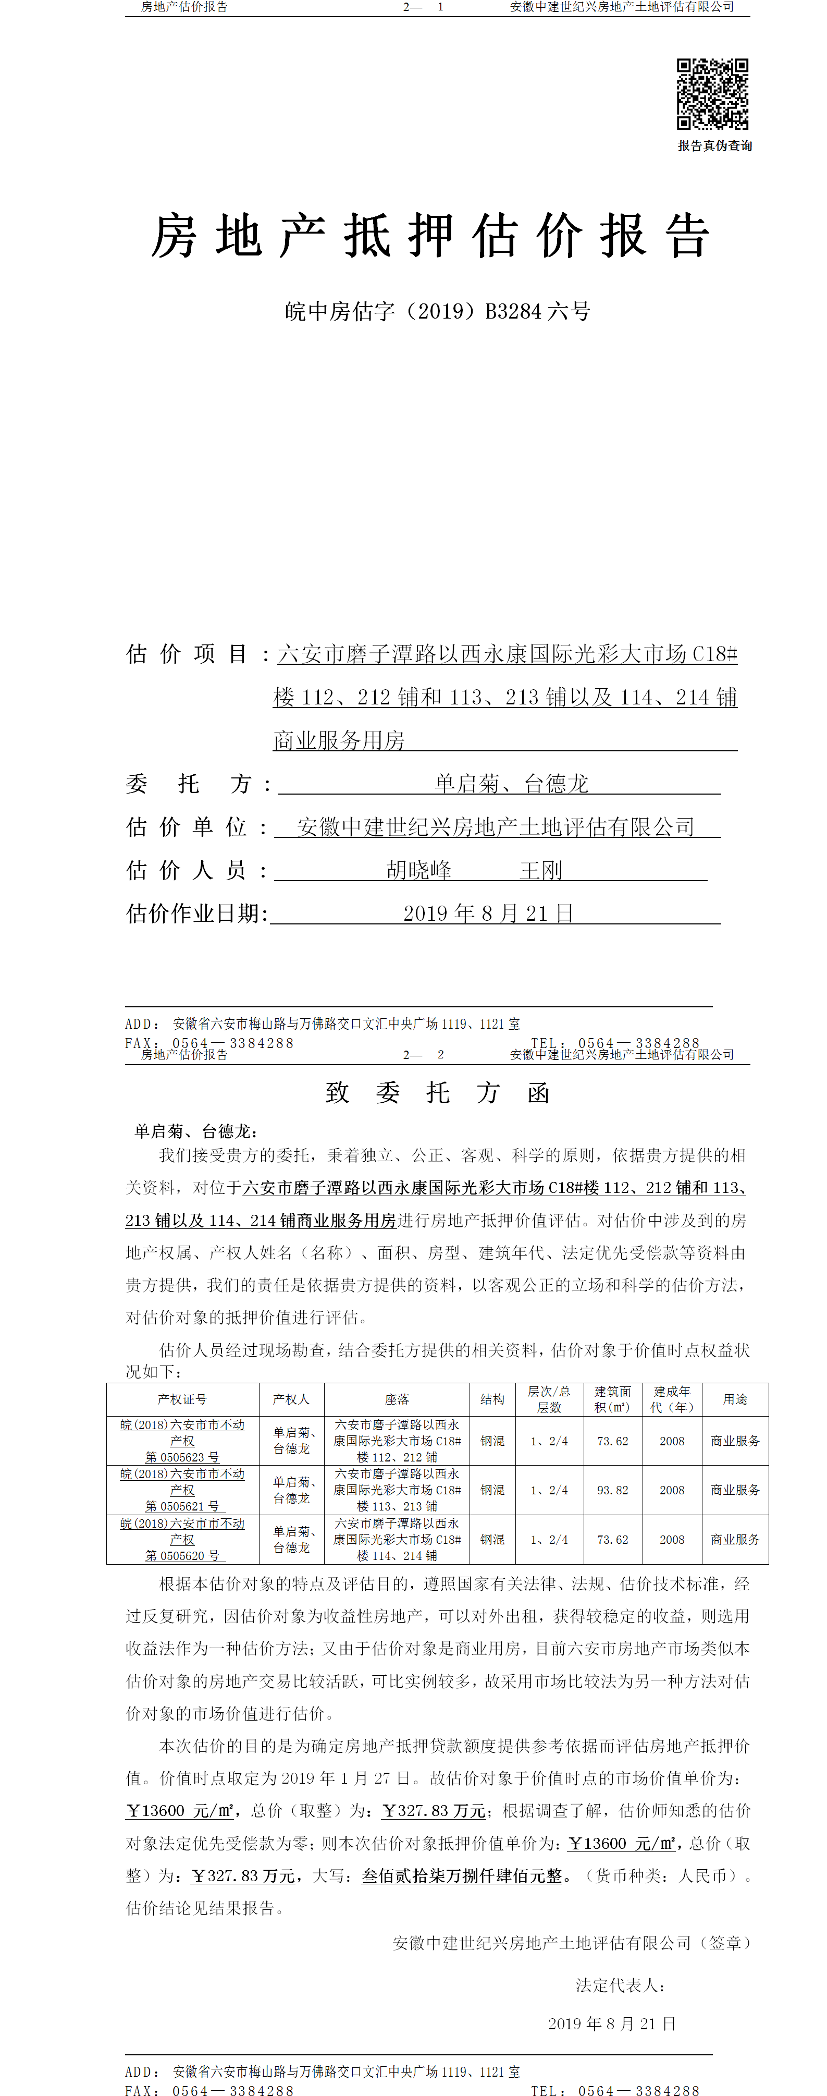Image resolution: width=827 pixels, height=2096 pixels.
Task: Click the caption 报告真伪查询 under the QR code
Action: pyautogui.click(x=715, y=145)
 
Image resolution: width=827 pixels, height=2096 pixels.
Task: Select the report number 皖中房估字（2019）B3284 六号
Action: pyautogui.click(x=438, y=311)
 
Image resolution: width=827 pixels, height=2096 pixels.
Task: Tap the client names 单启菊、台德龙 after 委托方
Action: pyautogui.click(x=511, y=784)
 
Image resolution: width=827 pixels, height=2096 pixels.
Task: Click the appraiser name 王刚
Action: pyautogui.click(x=541, y=870)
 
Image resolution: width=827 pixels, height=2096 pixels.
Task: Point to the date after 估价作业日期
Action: pyautogui.click(x=488, y=913)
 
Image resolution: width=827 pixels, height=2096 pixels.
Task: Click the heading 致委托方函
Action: pyautogui.click(x=438, y=1092)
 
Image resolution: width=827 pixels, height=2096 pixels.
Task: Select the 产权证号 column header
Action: pyautogui.click(x=182, y=1399)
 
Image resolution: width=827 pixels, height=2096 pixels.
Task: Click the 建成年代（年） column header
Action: pyautogui.click(x=672, y=1399)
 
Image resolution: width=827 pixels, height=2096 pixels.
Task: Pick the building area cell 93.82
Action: pyautogui.click(x=612, y=1490)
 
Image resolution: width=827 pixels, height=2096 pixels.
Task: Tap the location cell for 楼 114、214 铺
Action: pyautogui.click(x=397, y=1540)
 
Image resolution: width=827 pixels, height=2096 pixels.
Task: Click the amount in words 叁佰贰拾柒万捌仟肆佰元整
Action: pyautogui.click(x=462, y=1875)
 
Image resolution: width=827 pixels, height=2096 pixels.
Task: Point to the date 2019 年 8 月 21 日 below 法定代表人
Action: pyautogui.click(x=611, y=2024)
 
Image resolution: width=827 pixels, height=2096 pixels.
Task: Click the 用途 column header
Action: pyautogui.click(x=735, y=1399)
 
